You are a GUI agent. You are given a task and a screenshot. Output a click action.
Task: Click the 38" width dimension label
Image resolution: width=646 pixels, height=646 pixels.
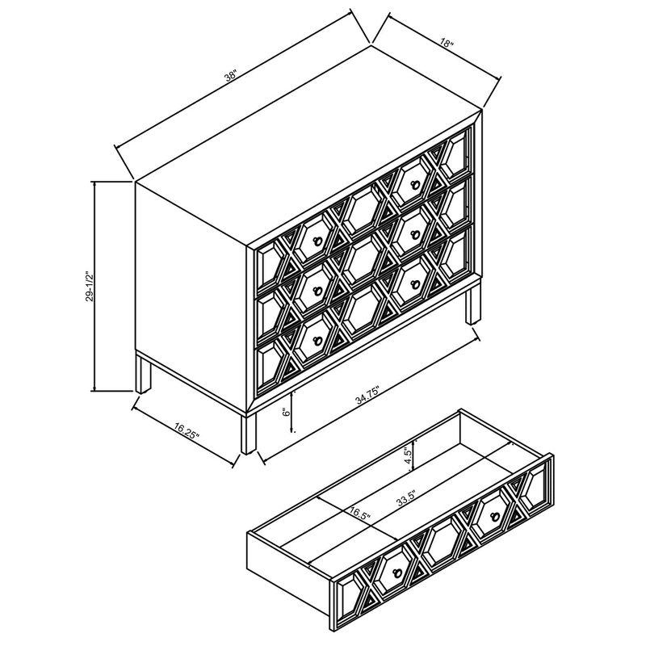click(232, 75)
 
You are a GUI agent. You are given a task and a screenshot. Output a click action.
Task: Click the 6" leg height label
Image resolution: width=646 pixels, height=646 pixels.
click(286, 412)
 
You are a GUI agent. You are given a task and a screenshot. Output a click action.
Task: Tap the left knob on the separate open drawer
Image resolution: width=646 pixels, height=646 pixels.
click(396, 573)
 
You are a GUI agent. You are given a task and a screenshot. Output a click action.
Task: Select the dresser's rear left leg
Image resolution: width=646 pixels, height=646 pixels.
click(144, 375)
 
